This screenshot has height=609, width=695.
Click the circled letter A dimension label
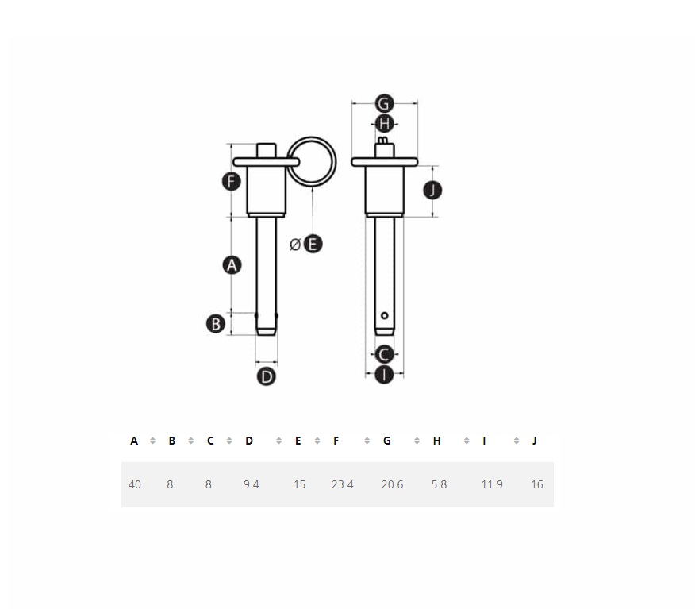point(232,264)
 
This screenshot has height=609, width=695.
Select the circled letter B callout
point(216,323)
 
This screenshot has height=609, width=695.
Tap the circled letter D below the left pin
point(267,376)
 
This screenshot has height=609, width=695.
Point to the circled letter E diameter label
point(313,244)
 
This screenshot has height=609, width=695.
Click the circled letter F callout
point(231,181)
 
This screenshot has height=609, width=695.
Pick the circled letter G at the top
point(384,103)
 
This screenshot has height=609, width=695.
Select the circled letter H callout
point(385,124)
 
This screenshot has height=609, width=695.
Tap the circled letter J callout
point(432,191)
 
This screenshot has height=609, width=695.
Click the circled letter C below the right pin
point(384,354)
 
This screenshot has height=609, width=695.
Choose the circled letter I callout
point(384,374)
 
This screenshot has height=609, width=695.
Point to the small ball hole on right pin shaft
point(385,316)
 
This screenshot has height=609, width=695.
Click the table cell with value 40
point(135,484)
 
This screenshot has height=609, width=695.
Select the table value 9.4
point(252,484)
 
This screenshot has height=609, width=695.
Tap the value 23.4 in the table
point(343,484)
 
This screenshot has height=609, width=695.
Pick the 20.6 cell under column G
point(392,484)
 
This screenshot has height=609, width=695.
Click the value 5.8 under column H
point(439,484)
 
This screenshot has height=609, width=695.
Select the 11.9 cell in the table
point(492,484)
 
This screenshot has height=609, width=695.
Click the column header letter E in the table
point(298,441)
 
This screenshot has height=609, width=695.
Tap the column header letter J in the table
point(534,441)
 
